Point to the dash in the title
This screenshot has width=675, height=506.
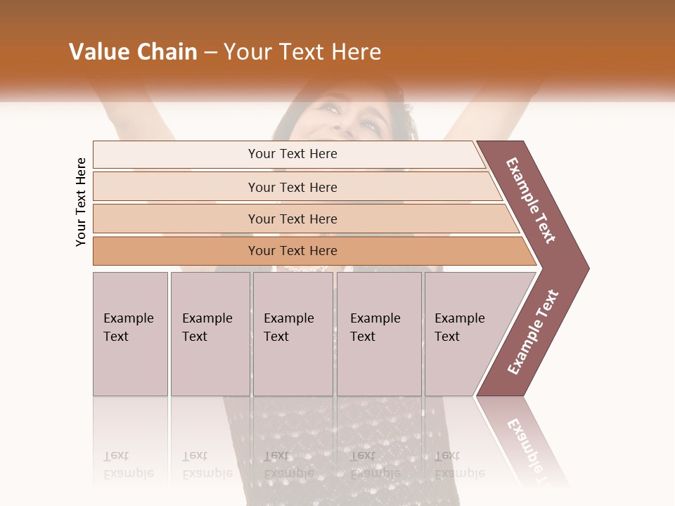210,53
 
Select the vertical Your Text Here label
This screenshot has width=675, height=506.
82,202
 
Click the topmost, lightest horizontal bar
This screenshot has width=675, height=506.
292,154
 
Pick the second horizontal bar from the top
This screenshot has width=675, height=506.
292,187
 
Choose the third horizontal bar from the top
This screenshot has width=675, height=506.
292,219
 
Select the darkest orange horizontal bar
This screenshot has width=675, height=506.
292,251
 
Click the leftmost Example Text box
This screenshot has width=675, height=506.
130,334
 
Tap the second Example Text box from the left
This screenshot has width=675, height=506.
210,334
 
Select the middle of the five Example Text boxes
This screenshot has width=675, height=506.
292,334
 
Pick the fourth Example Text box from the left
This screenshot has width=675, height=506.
379,334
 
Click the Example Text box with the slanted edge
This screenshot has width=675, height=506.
464,334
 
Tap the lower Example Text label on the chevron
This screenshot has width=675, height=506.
533,332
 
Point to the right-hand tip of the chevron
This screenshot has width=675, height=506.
588,268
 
